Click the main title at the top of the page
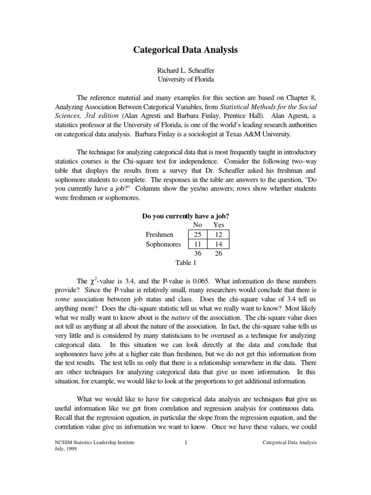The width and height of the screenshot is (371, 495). [x=185, y=49]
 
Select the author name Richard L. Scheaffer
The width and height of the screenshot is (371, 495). [x=185, y=71]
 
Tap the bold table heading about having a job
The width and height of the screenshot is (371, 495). [x=185, y=216]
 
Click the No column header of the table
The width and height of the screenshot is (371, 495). [x=197, y=225]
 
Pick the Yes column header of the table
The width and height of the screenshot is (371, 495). [x=218, y=225]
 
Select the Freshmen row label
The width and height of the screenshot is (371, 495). [x=159, y=234]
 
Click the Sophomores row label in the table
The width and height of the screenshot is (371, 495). [x=163, y=244]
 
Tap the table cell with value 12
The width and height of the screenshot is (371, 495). [x=218, y=234]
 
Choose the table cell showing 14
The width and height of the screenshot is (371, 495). [x=218, y=244]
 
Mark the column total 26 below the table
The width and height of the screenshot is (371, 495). [x=218, y=253]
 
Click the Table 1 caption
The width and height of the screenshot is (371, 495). [x=185, y=263]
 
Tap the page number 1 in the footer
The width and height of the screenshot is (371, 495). [x=185, y=443]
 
